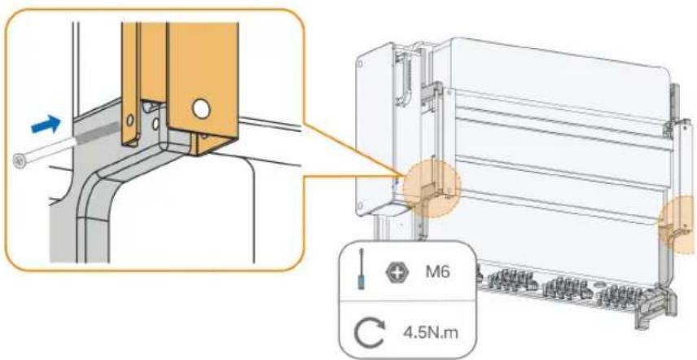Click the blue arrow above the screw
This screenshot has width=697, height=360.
coord(46,124)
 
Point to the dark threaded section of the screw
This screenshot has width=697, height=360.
coord(99,132)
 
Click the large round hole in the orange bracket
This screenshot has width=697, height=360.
coord(201,109)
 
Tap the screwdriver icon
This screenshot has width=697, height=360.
coord(362,270)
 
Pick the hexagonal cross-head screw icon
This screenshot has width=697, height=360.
coord(394,272)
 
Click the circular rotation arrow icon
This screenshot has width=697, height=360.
coord(370,334)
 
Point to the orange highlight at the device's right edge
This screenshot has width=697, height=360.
coord(678,223)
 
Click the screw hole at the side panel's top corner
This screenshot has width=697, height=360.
coord(361,63)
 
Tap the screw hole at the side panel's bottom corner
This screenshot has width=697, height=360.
coord(361,205)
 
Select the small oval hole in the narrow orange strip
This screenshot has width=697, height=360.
coord(129,120)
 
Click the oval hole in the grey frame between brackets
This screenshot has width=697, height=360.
coord(156,124)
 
